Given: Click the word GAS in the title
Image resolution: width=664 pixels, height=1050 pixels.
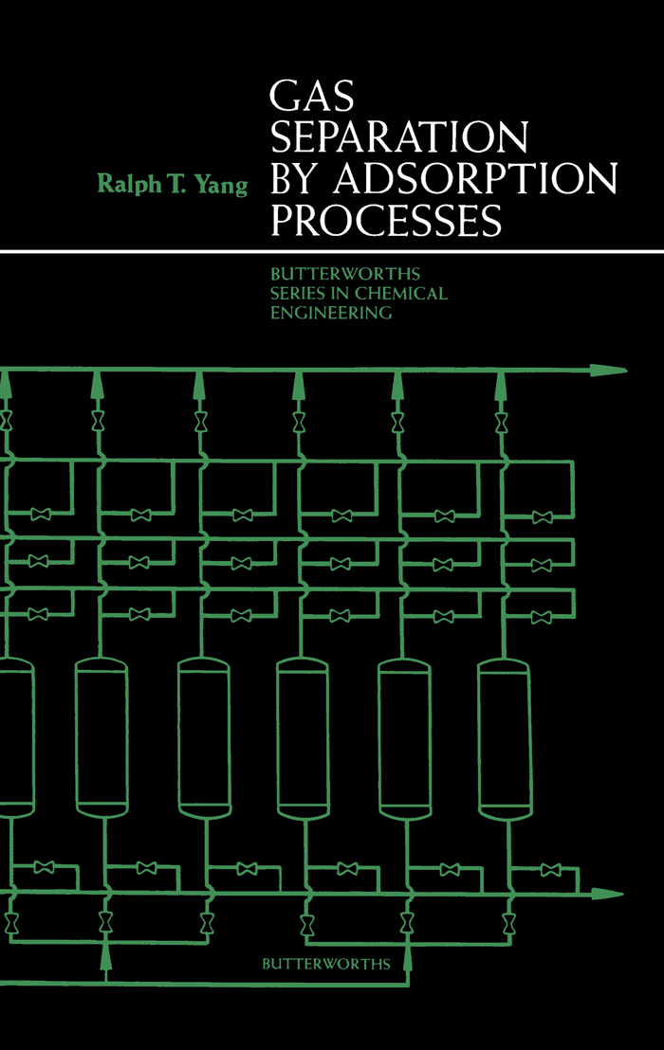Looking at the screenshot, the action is (x=311, y=96).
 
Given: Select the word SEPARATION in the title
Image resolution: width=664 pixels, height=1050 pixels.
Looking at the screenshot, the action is (x=400, y=137).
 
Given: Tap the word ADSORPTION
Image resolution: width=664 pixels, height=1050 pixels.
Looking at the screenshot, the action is (x=475, y=179).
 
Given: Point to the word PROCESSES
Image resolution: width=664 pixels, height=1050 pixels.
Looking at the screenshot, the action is (x=386, y=220).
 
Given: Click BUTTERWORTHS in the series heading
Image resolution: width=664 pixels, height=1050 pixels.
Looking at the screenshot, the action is (x=345, y=274).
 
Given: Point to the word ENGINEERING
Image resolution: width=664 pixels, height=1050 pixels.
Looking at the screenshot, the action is (x=331, y=313).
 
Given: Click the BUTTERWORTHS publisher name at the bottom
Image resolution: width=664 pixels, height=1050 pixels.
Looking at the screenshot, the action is (x=325, y=964).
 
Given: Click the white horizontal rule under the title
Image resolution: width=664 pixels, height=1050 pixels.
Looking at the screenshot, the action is (x=332, y=252).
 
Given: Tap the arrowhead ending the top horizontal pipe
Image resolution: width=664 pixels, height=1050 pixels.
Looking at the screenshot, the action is (x=608, y=371).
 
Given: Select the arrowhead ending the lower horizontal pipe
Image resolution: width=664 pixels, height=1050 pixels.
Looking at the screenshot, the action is (x=607, y=894).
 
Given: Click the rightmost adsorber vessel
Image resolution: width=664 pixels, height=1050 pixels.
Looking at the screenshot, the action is (x=504, y=739).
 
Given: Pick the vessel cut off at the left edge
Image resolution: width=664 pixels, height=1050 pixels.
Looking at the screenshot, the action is (x=17, y=736).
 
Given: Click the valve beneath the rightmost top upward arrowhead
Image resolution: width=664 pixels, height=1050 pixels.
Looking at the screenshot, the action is (x=501, y=423).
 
